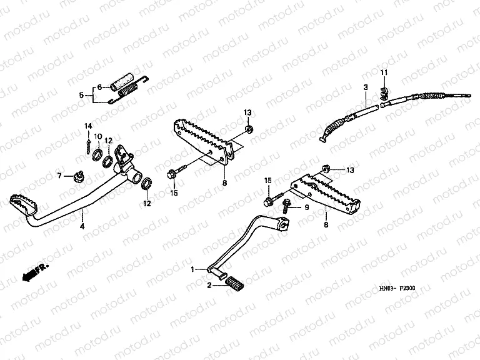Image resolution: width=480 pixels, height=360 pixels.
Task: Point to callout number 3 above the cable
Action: pos(365,89)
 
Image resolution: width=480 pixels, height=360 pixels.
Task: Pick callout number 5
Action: pos(81,95)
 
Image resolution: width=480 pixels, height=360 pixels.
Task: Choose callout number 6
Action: pos(98,87)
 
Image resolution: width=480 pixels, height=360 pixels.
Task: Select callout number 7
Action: pos(61,176)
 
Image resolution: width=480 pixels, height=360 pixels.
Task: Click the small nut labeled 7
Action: pos(79,176)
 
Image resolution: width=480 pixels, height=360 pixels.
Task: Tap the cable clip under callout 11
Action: pos(384,95)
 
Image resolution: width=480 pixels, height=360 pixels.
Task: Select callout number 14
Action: pos(89,126)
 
